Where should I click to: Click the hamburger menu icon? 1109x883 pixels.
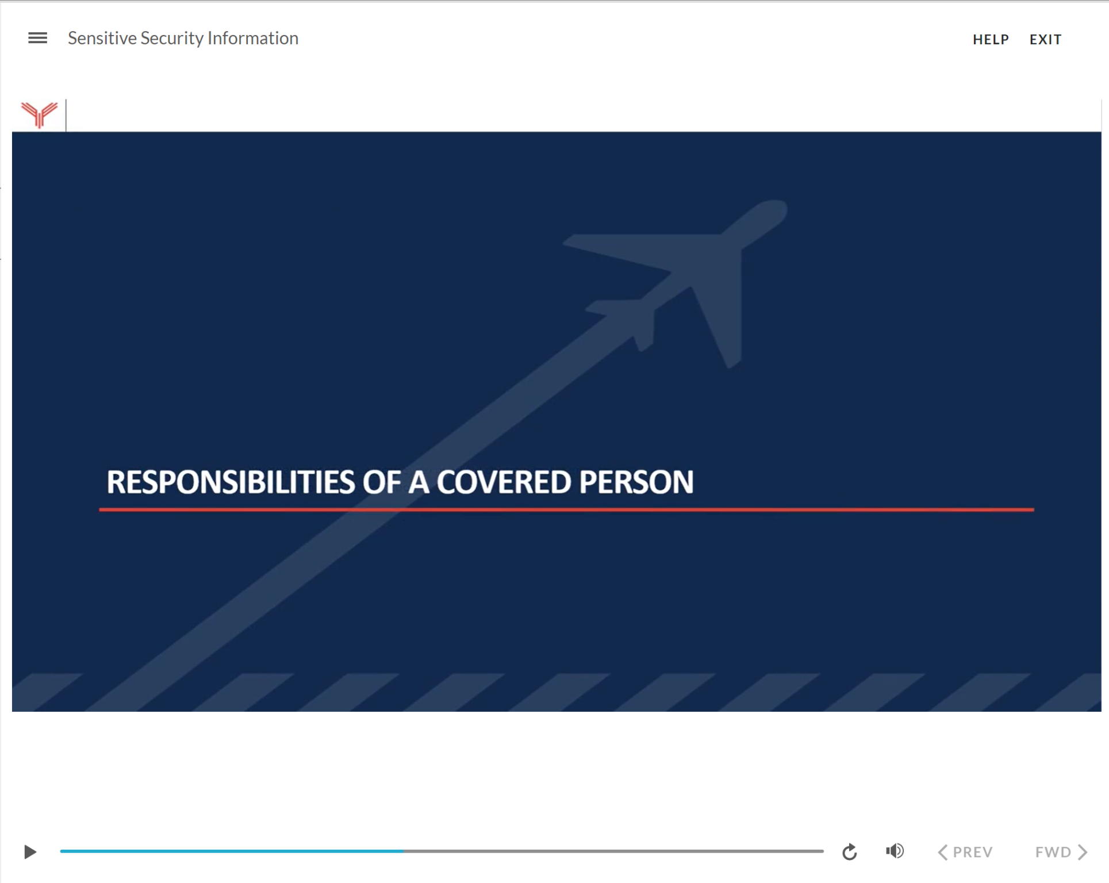[38, 38]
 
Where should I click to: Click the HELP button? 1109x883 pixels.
[991, 39]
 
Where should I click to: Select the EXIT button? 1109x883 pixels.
[1045, 39]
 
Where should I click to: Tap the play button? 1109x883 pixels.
[30, 851]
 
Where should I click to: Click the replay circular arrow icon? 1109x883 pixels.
[849, 851]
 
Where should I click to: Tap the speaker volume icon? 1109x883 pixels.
[895, 851]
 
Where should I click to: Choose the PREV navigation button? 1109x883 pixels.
[965, 851]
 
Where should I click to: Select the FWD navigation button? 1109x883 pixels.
[1061, 851]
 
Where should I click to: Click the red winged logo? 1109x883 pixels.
[39, 114]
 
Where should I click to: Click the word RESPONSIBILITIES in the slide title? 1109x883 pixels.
[231, 482]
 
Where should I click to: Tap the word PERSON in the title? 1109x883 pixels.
[636, 482]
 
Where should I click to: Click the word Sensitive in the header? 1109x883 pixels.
[102, 38]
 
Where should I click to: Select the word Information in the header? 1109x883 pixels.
[253, 38]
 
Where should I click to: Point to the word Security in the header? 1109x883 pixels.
[172, 38]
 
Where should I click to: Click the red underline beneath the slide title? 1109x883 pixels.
[566, 509]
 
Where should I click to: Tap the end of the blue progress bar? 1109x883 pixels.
[402, 851]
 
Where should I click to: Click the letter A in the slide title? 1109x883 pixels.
[419, 482]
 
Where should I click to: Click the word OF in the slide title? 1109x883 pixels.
[381, 482]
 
